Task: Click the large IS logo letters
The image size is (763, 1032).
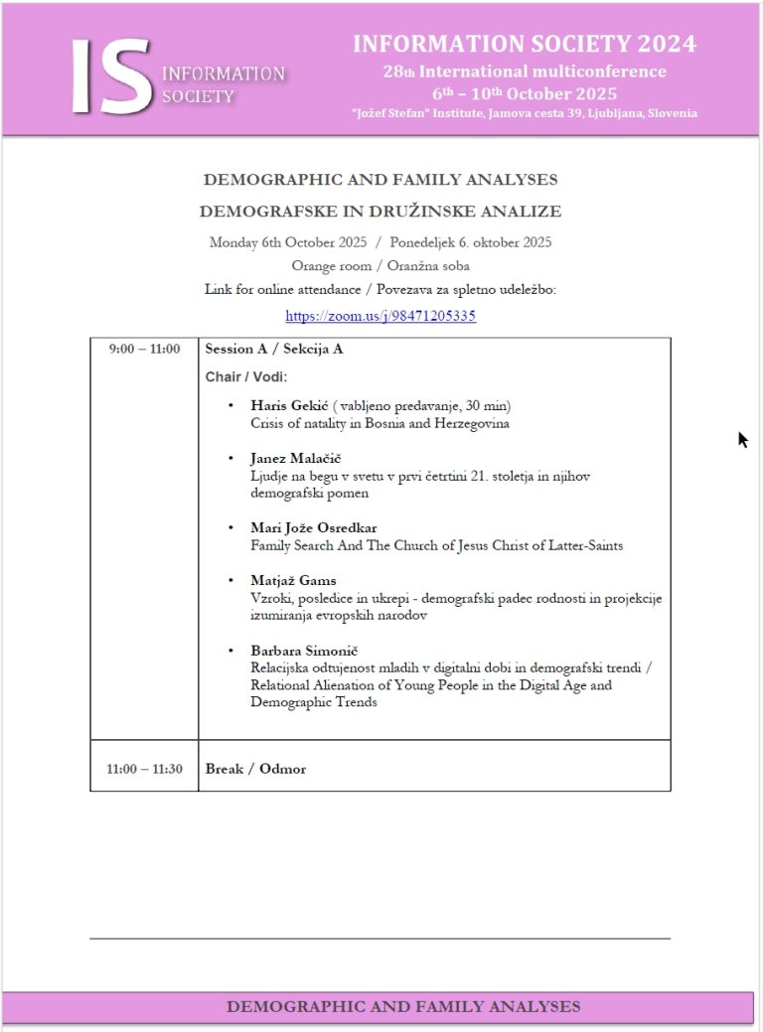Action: [x=110, y=76]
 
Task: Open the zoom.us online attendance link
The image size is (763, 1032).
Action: [x=381, y=317]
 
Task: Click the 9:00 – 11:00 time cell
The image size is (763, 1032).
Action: [x=144, y=349]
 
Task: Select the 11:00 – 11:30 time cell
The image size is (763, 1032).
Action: [x=144, y=769]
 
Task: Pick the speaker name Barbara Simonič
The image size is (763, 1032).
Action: [x=304, y=650]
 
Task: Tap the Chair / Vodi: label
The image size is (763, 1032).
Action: [x=245, y=377]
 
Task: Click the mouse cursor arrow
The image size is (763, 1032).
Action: [x=742, y=439]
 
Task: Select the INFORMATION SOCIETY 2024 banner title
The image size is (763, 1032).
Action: [x=524, y=44]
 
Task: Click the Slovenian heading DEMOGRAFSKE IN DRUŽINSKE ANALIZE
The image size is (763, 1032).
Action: [x=381, y=211]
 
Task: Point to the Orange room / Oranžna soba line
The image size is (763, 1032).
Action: [x=381, y=265]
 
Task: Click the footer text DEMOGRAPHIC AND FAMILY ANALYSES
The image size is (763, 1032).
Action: [x=403, y=1006]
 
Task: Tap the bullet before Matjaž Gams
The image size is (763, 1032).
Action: [x=230, y=580]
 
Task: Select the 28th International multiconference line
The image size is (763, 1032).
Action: [x=525, y=72]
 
